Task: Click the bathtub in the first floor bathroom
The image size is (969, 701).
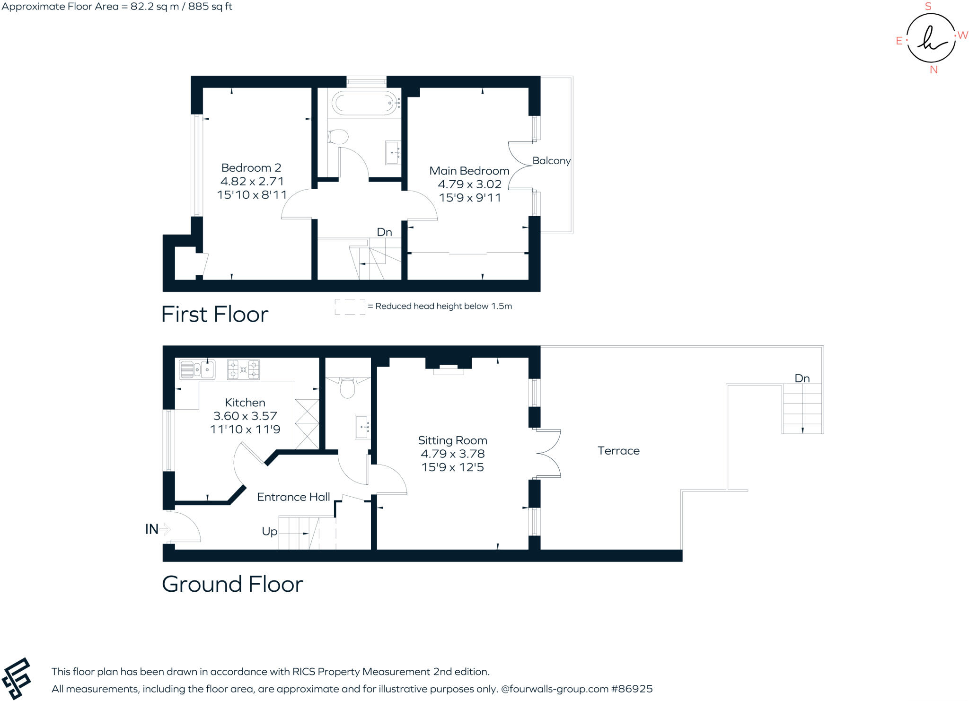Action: coord(364,103)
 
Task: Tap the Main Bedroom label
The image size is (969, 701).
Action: coord(469,171)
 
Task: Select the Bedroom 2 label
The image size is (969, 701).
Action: coord(251,168)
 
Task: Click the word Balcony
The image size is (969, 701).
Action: coord(551,161)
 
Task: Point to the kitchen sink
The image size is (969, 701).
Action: coord(197,369)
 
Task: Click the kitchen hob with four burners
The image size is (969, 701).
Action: coord(243,369)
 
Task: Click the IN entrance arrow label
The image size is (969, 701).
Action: coord(152,529)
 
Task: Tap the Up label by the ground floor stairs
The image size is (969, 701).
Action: coord(270,531)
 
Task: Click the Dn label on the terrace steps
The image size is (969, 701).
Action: coord(802,378)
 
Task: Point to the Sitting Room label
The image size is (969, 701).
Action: coord(452,440)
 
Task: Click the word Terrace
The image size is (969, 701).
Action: coord(618,451)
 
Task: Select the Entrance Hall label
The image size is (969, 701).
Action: coord(293,497)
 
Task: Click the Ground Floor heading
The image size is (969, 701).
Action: coord(232,584)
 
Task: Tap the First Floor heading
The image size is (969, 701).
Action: coord(215,315)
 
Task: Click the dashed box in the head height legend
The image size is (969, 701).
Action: coord(350,307)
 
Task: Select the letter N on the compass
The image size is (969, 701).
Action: coord(934,70)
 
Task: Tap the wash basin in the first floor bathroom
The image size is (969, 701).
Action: coord(393,152)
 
